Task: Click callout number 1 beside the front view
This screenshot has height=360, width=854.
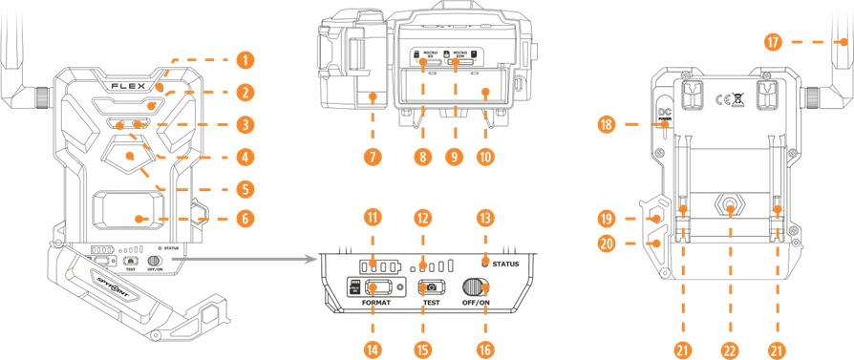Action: [247, 60]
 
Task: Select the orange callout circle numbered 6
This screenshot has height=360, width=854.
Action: [247, 219]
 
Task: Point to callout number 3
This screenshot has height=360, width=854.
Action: [247, 124]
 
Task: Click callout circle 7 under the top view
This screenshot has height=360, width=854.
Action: [372, 155]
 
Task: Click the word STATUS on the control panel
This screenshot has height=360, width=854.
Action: [502, 264]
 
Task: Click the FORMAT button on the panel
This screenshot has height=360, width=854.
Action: [375, 286]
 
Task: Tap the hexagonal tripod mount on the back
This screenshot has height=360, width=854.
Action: [731, 205]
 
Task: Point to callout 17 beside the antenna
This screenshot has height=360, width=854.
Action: [773, 42]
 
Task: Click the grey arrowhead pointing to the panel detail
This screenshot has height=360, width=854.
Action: [310, 258]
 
